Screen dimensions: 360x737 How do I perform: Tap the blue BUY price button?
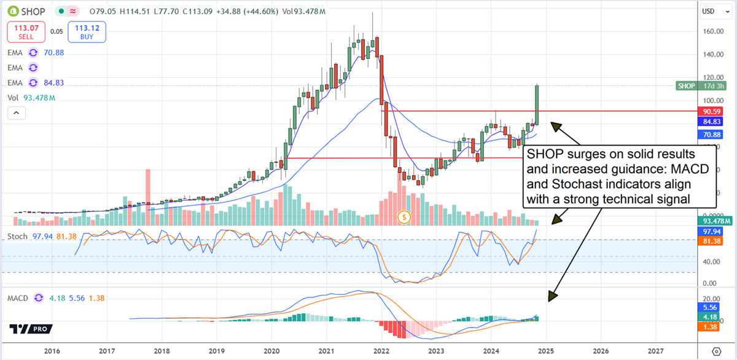tap(87, 32)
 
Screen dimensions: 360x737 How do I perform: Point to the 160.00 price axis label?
tap(716, 31)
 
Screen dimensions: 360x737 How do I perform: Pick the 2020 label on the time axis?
tap(270, 351)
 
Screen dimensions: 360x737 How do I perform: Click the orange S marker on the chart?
tap(404, 216)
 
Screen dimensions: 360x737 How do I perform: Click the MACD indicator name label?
tap(19, 298)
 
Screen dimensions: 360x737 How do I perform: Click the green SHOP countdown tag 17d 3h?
tap(701, 86)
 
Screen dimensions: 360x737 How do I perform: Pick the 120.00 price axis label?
tap(716, 78)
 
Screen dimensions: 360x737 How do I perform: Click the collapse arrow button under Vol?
tap(16, 113)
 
